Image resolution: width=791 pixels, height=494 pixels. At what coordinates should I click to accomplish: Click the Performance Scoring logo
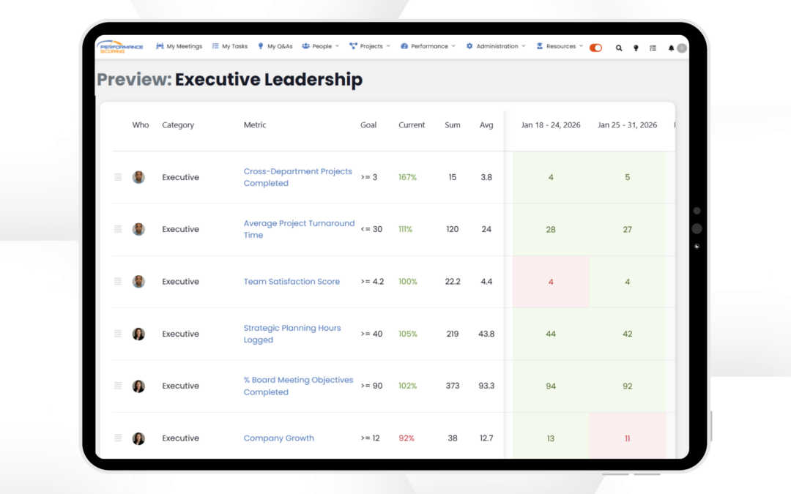coord(119,46)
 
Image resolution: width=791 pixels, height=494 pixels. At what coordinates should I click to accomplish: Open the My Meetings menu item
coord(179,46)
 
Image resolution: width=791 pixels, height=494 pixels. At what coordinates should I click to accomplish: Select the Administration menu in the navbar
coord(496,46)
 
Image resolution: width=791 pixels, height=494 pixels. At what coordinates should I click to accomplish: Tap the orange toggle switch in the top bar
coord(595,48)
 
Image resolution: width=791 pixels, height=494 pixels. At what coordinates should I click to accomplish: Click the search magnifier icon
coord(619,48)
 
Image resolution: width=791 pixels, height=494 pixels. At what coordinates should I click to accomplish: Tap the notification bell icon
coord(671,48)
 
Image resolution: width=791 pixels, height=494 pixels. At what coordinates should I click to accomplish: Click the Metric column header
coord(255,125)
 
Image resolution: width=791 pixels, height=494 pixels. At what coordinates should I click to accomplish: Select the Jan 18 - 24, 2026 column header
coord(551,125)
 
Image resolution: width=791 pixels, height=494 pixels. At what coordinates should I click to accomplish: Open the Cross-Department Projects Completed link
coord(297,177)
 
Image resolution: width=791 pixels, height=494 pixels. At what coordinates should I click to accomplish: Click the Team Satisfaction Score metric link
coord(291,282)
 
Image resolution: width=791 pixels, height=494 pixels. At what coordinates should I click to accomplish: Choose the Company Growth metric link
coord(278,438)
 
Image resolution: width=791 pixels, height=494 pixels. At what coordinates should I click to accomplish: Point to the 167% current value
coord(407,177)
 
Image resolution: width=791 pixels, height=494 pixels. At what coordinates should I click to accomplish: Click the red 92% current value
coord(406,438)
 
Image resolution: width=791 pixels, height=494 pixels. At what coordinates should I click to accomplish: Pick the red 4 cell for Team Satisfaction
coord(551,282)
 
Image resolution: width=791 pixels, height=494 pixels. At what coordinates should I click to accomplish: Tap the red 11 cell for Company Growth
coord(627,438)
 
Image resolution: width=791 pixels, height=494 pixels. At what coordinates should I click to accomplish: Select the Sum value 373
coord(452,386)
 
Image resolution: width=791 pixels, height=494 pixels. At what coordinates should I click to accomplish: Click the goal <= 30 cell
coord(371,229)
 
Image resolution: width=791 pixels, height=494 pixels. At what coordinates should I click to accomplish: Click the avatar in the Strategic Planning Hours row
coord(138,334)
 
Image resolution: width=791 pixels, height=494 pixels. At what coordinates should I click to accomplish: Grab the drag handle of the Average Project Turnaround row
coord(118,229)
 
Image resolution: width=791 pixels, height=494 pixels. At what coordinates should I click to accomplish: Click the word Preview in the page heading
coord(134,80)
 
